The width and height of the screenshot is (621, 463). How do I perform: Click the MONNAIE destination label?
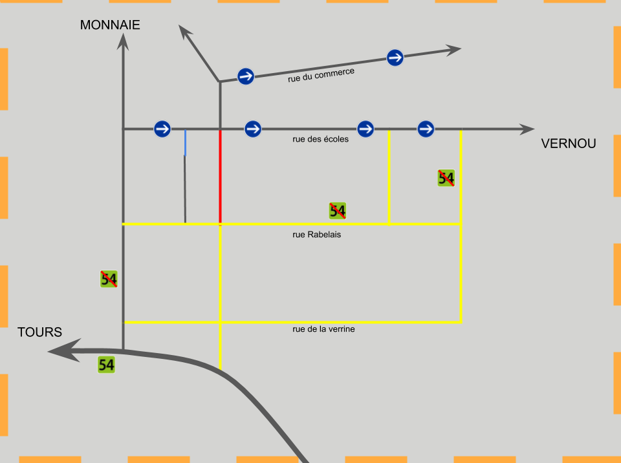coord(110,25)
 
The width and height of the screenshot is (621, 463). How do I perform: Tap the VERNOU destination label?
coord(569,144)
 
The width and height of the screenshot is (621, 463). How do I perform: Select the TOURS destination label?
coord(39,332)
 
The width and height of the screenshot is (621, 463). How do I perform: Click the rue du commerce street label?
coord(321,75)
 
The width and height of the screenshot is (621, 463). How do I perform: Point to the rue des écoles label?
coord(320,139)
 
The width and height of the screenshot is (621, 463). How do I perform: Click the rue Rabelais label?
coord(316,235)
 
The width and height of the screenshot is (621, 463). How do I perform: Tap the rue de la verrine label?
coord(323,329)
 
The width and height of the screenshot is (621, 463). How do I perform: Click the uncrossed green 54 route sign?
coord(107,365)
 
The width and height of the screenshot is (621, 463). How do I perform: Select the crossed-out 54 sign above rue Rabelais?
coord(338,211)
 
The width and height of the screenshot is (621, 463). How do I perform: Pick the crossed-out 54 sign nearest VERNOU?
coord(446,178)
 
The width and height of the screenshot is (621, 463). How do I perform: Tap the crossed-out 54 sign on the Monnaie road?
coord(109,279)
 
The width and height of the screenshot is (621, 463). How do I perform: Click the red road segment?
coord(221,176)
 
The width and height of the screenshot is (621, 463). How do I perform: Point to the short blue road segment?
coord(185,143)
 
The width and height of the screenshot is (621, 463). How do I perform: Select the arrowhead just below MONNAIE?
coord(123,41)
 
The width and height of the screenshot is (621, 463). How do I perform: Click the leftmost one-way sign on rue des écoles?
coord(162,129)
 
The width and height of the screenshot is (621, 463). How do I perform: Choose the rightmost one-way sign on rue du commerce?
coord(395,58)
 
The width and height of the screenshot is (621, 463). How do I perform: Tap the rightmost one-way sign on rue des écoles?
coord(426,129)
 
